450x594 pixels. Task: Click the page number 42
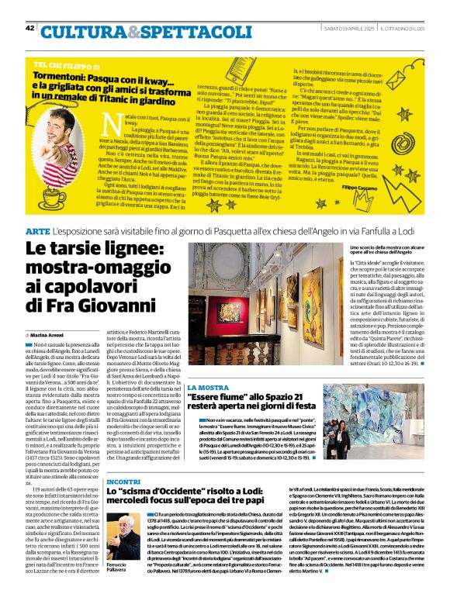tap(30, 29)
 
